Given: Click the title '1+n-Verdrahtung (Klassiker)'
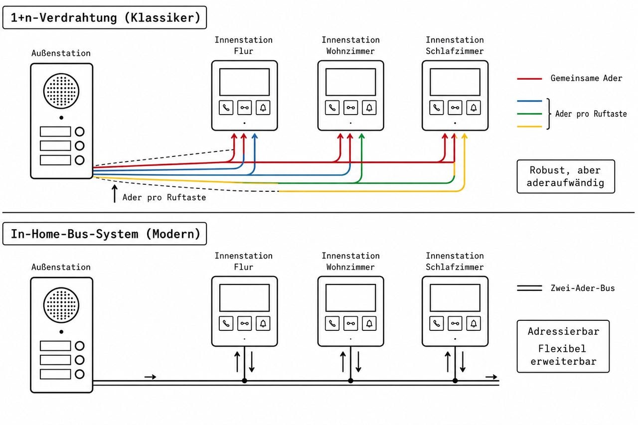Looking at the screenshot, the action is click(x=105, y=17).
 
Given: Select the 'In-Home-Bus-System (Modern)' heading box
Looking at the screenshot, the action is click(x=105, y=234).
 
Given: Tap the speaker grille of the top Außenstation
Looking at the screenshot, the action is click(x=61, y=91).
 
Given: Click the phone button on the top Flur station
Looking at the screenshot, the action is click(x=226, y=108).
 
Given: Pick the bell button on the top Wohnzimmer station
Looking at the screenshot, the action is click(x=369, y=108).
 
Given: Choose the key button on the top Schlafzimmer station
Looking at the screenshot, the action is click(x=455, y=108).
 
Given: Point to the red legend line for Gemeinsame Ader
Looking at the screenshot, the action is click(x=529, y=79).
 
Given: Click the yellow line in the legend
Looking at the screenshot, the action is click(x=529, y=127).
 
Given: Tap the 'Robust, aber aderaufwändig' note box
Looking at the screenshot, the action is click(x=566, y=176).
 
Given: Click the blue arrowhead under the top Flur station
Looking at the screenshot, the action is click(x=255, y=136).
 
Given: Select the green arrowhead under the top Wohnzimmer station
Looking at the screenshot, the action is click(x=361, y=136).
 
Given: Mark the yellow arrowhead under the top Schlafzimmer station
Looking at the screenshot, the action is click(x=464, y=136).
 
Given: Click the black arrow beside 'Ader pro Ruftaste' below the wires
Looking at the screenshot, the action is click(x=115, y=194).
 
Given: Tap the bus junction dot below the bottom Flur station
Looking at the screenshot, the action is click(x=244, y=381).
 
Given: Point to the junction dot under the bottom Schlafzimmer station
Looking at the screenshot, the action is click(x=455, y=381).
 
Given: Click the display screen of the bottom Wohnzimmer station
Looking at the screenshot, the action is click(x=350, y=298).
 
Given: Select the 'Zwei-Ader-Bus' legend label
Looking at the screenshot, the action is click(x=583, y=288).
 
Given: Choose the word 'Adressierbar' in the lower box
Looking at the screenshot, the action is click(x=563, y=331).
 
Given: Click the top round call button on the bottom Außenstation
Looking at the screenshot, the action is click(x=80, y=346).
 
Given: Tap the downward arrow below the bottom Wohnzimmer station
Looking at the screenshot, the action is click(x=358, y=362).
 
